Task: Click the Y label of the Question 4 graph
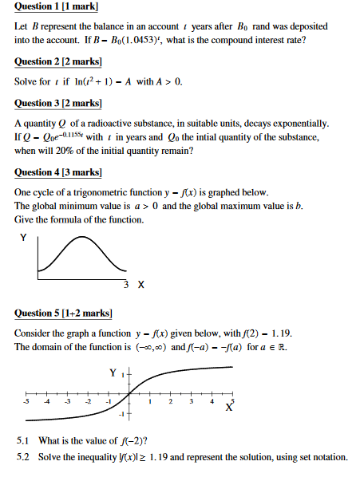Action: point(23,237)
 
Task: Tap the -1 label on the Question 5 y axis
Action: point(120,416)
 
